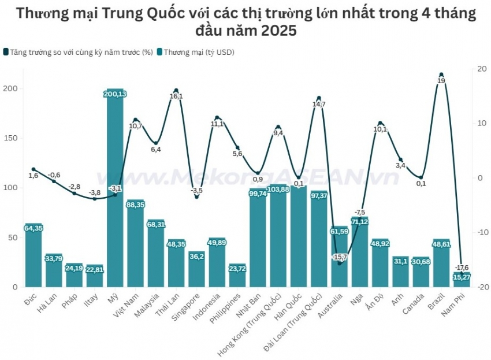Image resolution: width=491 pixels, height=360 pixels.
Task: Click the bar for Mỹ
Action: point(116,191)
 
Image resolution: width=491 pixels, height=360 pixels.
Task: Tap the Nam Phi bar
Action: point(462,281)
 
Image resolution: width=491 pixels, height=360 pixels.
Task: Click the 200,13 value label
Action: point(116,94)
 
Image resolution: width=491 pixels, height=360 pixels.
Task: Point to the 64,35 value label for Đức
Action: point(34,228)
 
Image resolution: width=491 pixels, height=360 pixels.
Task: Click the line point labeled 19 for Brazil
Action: point(441,75)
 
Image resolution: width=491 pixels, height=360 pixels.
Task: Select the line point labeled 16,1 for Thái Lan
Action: point(176,91)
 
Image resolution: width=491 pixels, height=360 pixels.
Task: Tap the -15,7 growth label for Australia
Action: point(340,257)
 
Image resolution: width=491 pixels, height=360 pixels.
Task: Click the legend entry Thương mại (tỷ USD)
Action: point(198,52)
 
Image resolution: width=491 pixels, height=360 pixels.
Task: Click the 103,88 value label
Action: point(278,190)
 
